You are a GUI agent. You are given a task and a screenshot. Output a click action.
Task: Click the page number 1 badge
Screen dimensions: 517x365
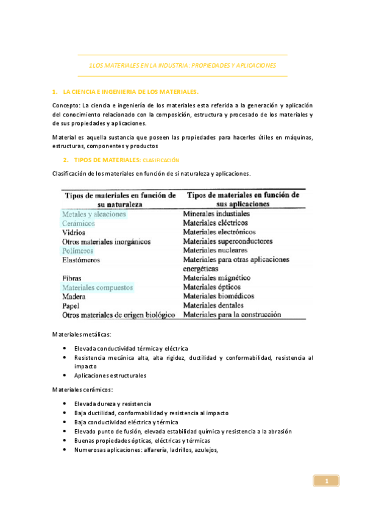[326, 481]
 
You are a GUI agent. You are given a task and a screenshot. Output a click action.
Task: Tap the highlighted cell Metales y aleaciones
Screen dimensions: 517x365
[94, 214]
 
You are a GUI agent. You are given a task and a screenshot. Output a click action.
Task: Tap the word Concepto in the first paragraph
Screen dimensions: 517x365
[66, 105]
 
